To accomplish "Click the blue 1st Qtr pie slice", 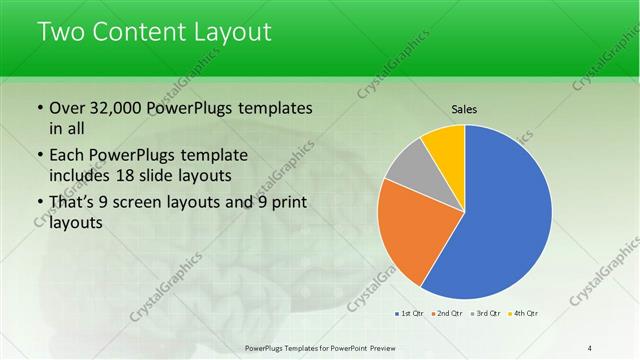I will click(505, 215).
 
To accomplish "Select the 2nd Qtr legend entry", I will click(447, 313).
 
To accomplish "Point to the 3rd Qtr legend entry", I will click(484, 313).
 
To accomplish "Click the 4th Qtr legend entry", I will click(523, 313).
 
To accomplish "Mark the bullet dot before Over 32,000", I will click(39, 108).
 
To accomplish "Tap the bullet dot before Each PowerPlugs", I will click(39, 156).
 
